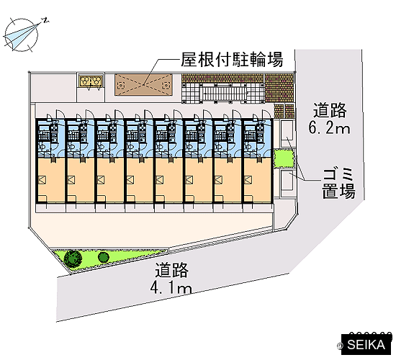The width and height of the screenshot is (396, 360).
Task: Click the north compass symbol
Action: pyautogui.click(x=22, y=35)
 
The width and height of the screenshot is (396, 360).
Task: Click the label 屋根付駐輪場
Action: pyautogui.click(x=232, y=60)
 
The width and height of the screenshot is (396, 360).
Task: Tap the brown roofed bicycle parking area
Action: pyautogui.click(x=143, y=85)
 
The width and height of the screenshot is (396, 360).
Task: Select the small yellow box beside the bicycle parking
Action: pyautogui.click(x=91, y=81)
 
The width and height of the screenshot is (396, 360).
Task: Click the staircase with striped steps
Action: pyautogui.click(x=223, y=94)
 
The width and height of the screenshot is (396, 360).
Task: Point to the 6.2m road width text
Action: pyautogui.click(x=329, y=127)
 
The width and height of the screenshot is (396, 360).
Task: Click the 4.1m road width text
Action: pyautogui.click(x=171, y=288)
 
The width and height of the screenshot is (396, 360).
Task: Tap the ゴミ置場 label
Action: pyautogui.click(x=338, y=184)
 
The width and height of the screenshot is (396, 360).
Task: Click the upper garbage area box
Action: pyautogui.click(x=287, y=134)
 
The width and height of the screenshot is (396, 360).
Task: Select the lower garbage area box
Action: pyautogui.click(x=287, y=181)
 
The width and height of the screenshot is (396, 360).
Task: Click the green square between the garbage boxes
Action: pyautogui.click(x=284, y=158)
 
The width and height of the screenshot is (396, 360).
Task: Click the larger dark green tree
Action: pyautogui.click(x=73, y=258)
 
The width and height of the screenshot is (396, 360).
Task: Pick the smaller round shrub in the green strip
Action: pyautogui.click(x=103, y=257)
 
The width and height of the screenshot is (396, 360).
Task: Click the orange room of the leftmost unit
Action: pyautogui.click(x=51, y=180)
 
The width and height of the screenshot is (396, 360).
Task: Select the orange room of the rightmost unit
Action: pyautogui.click(x=258, y=180)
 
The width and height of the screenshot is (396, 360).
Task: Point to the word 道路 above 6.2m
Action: pyautogui.click(x=330, y=110)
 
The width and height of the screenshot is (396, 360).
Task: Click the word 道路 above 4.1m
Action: pyautogui.click(x=172, y=270)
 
